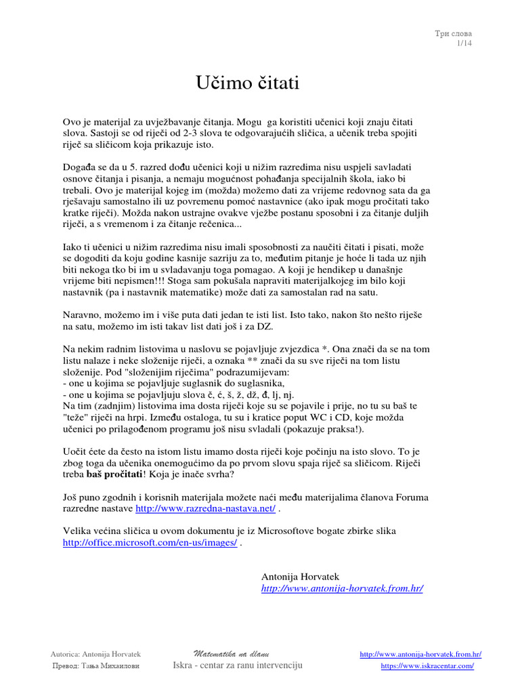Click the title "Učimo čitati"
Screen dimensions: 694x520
pos(247,83)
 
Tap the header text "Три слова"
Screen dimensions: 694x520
pos(454,33)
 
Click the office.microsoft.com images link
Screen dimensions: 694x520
pos(150,543)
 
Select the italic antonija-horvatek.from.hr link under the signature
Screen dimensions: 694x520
pos(342,588)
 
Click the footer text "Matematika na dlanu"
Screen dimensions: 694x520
pos(232,654)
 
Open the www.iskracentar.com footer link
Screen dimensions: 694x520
pos(427,666)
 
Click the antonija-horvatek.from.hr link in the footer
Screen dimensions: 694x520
pos(420,654)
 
